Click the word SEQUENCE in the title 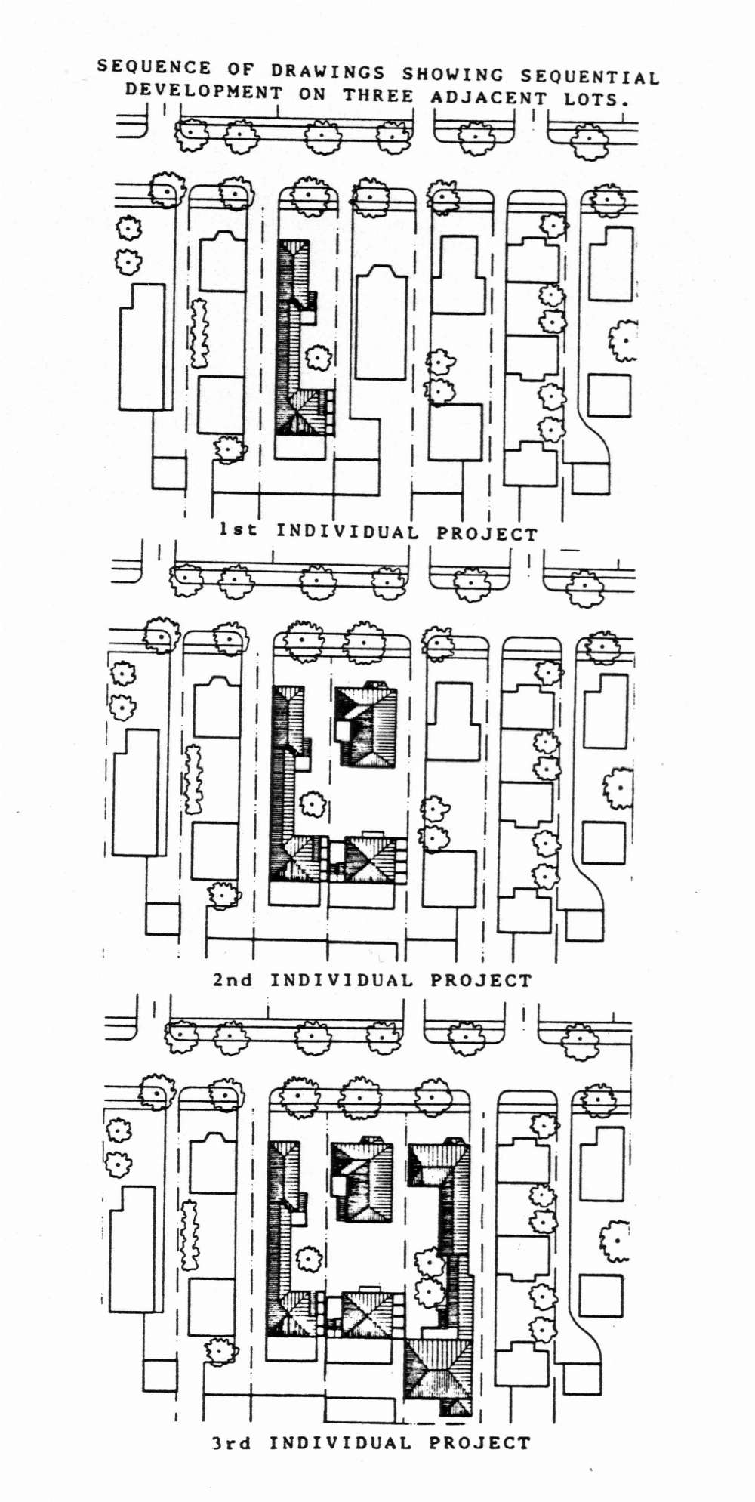point(154,67)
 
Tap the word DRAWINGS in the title point(328,72)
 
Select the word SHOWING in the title point(452,74)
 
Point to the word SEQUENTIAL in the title point(590,77)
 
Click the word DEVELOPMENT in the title point(204,91)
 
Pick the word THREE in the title point(378,95)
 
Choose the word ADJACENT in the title point(488,97)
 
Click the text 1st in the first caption point(238,529)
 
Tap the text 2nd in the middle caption point(233,979)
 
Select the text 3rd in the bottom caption point(231,1442)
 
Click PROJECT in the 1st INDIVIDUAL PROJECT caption point(487,533)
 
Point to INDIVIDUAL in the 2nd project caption point(342,980)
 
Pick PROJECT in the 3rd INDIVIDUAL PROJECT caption point(480,1442)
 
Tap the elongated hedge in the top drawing point(199,333)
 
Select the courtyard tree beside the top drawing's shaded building point(318,357)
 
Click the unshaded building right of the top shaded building point(381,322)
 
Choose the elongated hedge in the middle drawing point(194,779)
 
